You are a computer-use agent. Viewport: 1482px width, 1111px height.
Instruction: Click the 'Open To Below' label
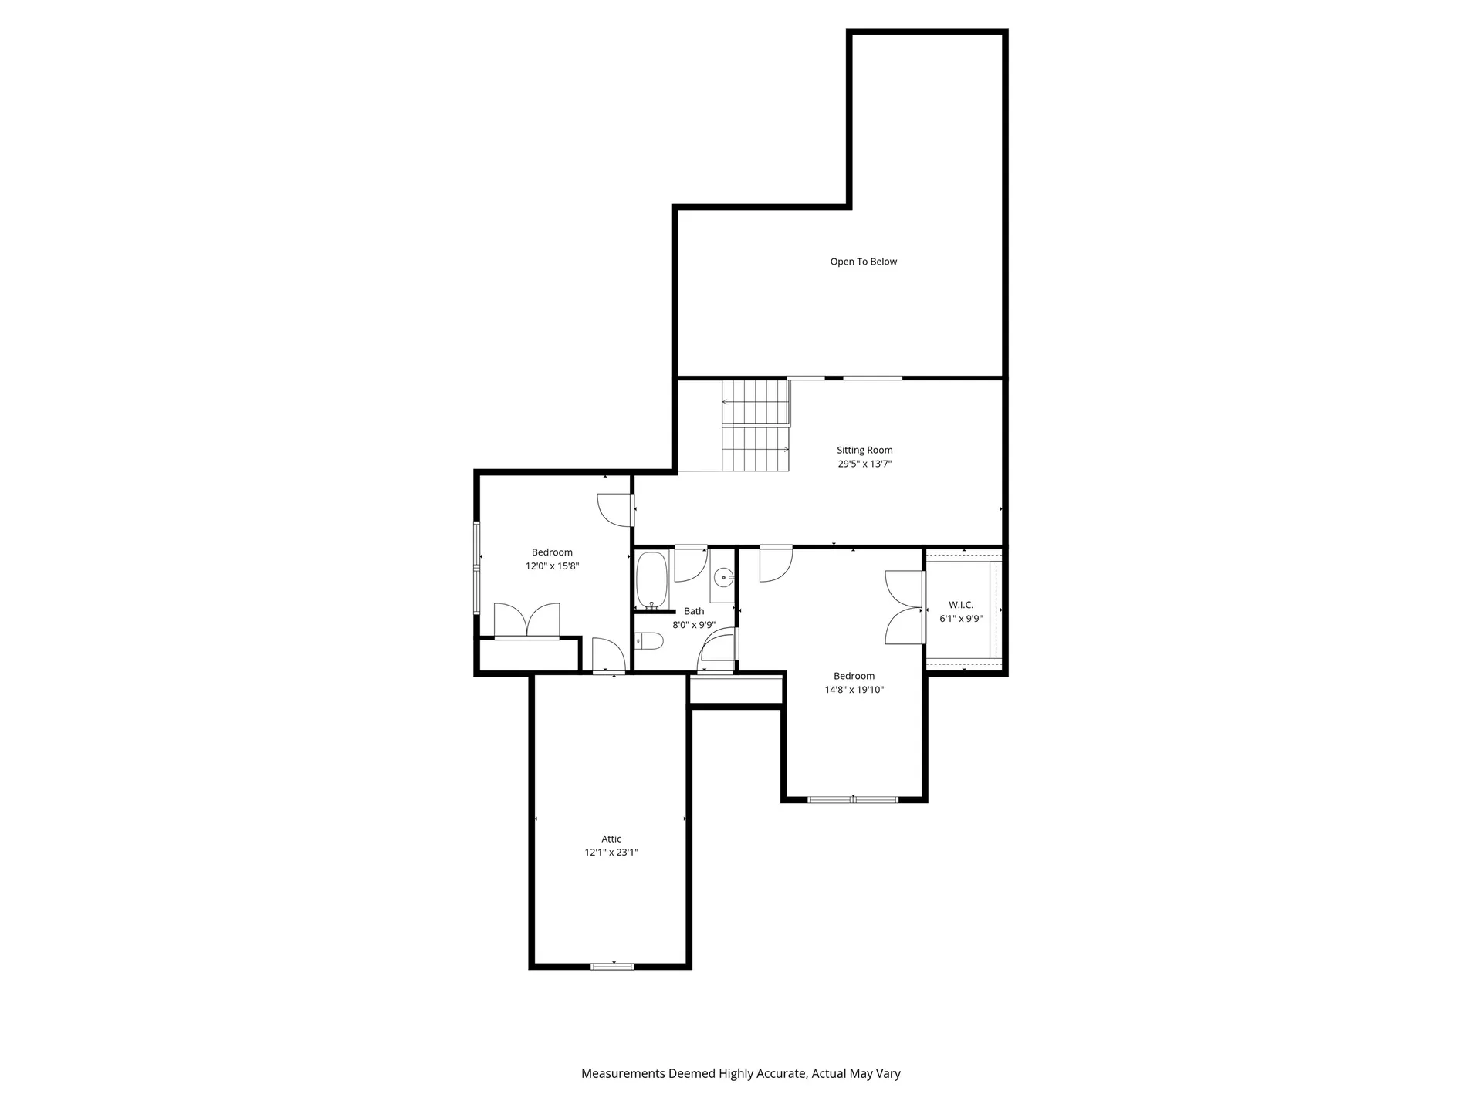(x=863, y=262)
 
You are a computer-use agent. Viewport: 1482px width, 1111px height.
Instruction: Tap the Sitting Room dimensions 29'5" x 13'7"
(x=864, y=464)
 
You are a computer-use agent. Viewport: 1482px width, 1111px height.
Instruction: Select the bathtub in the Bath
(x=651, y=579)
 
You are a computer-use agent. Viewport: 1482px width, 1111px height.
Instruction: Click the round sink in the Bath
(x=724, y=576)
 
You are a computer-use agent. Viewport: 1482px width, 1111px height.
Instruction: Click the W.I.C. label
(x=961, y=605)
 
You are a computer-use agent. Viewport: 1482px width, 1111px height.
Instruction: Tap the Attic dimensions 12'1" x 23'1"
(x=611, y=853)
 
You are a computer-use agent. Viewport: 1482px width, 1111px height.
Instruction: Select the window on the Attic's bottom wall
(x=612, y=966)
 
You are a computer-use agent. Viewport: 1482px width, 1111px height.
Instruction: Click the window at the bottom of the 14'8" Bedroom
(x=853, y=799)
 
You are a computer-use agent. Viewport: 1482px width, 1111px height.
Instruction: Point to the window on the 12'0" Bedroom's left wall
(x=477, y=568)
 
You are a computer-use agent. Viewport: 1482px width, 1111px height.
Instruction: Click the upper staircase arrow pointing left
(x=726, y=402)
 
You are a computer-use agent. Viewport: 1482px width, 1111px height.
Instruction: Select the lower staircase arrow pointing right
(x=786, y=449)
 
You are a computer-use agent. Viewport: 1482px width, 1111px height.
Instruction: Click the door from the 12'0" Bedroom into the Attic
(x=608, y=656)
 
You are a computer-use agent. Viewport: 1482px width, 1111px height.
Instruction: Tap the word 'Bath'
(x=694, y=611)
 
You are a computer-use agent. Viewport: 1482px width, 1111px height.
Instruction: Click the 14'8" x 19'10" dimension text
(x=854, y=690)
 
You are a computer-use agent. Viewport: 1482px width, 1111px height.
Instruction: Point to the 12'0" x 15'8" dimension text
(x=552, y=566)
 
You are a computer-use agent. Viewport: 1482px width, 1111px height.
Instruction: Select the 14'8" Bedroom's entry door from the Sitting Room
(x=775, y=563)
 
